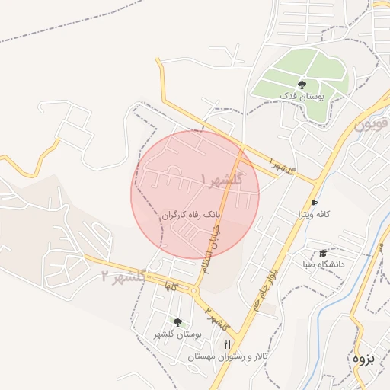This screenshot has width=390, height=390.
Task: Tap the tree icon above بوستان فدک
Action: click(302, 85)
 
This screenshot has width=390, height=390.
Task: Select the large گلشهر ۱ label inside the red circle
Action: click(222, 180)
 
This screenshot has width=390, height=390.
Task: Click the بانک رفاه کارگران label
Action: click(190, 216)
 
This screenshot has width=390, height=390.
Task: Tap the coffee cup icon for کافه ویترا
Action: click(313, 203)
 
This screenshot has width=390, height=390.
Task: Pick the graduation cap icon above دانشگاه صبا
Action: click(323, 253)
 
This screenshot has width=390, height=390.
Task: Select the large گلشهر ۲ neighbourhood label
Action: click(124, 277)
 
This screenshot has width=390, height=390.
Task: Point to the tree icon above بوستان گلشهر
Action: click(177, 323)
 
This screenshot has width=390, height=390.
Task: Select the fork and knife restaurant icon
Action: click(226, 345)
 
